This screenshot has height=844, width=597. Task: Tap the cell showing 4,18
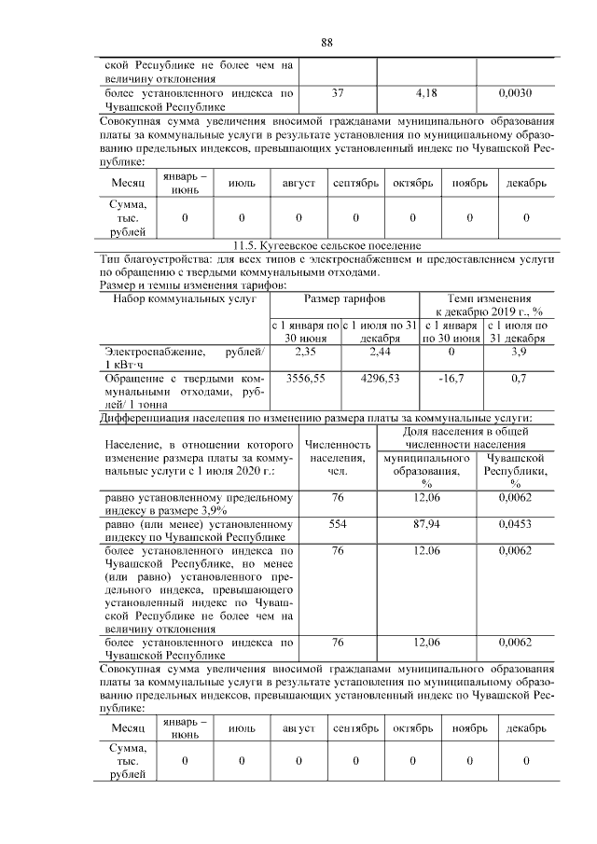425,93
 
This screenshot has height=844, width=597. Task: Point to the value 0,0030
515,93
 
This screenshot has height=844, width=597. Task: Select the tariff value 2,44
379,352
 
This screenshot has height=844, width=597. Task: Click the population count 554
337,525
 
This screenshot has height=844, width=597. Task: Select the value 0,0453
515,525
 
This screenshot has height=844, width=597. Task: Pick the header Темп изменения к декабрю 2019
484,304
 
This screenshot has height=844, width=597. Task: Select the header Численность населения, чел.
337,458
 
